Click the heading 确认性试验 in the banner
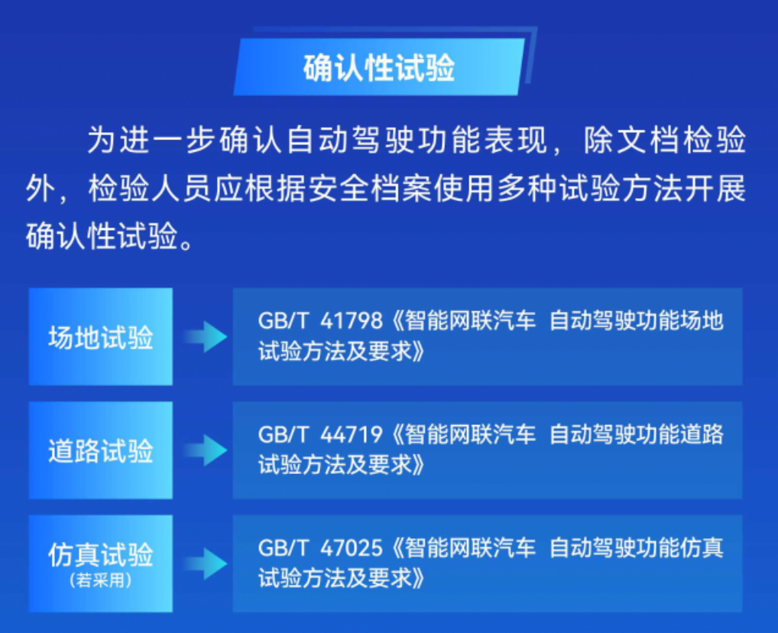pos(379,67)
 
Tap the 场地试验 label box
pos(101,336)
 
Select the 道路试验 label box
pos(101,450)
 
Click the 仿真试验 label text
pos(101,554)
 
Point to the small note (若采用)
pos(101,580)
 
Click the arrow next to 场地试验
pos(206,336)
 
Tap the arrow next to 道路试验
pos(206,450)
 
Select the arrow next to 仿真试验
pos(206,564)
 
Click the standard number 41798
pos(352,321)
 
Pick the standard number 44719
pos(352,435)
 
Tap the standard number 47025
pos(352,549)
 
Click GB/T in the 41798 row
pos(284,321)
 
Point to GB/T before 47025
pos(284,549)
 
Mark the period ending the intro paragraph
pos(187,244)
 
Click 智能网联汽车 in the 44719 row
pos(470,435)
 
